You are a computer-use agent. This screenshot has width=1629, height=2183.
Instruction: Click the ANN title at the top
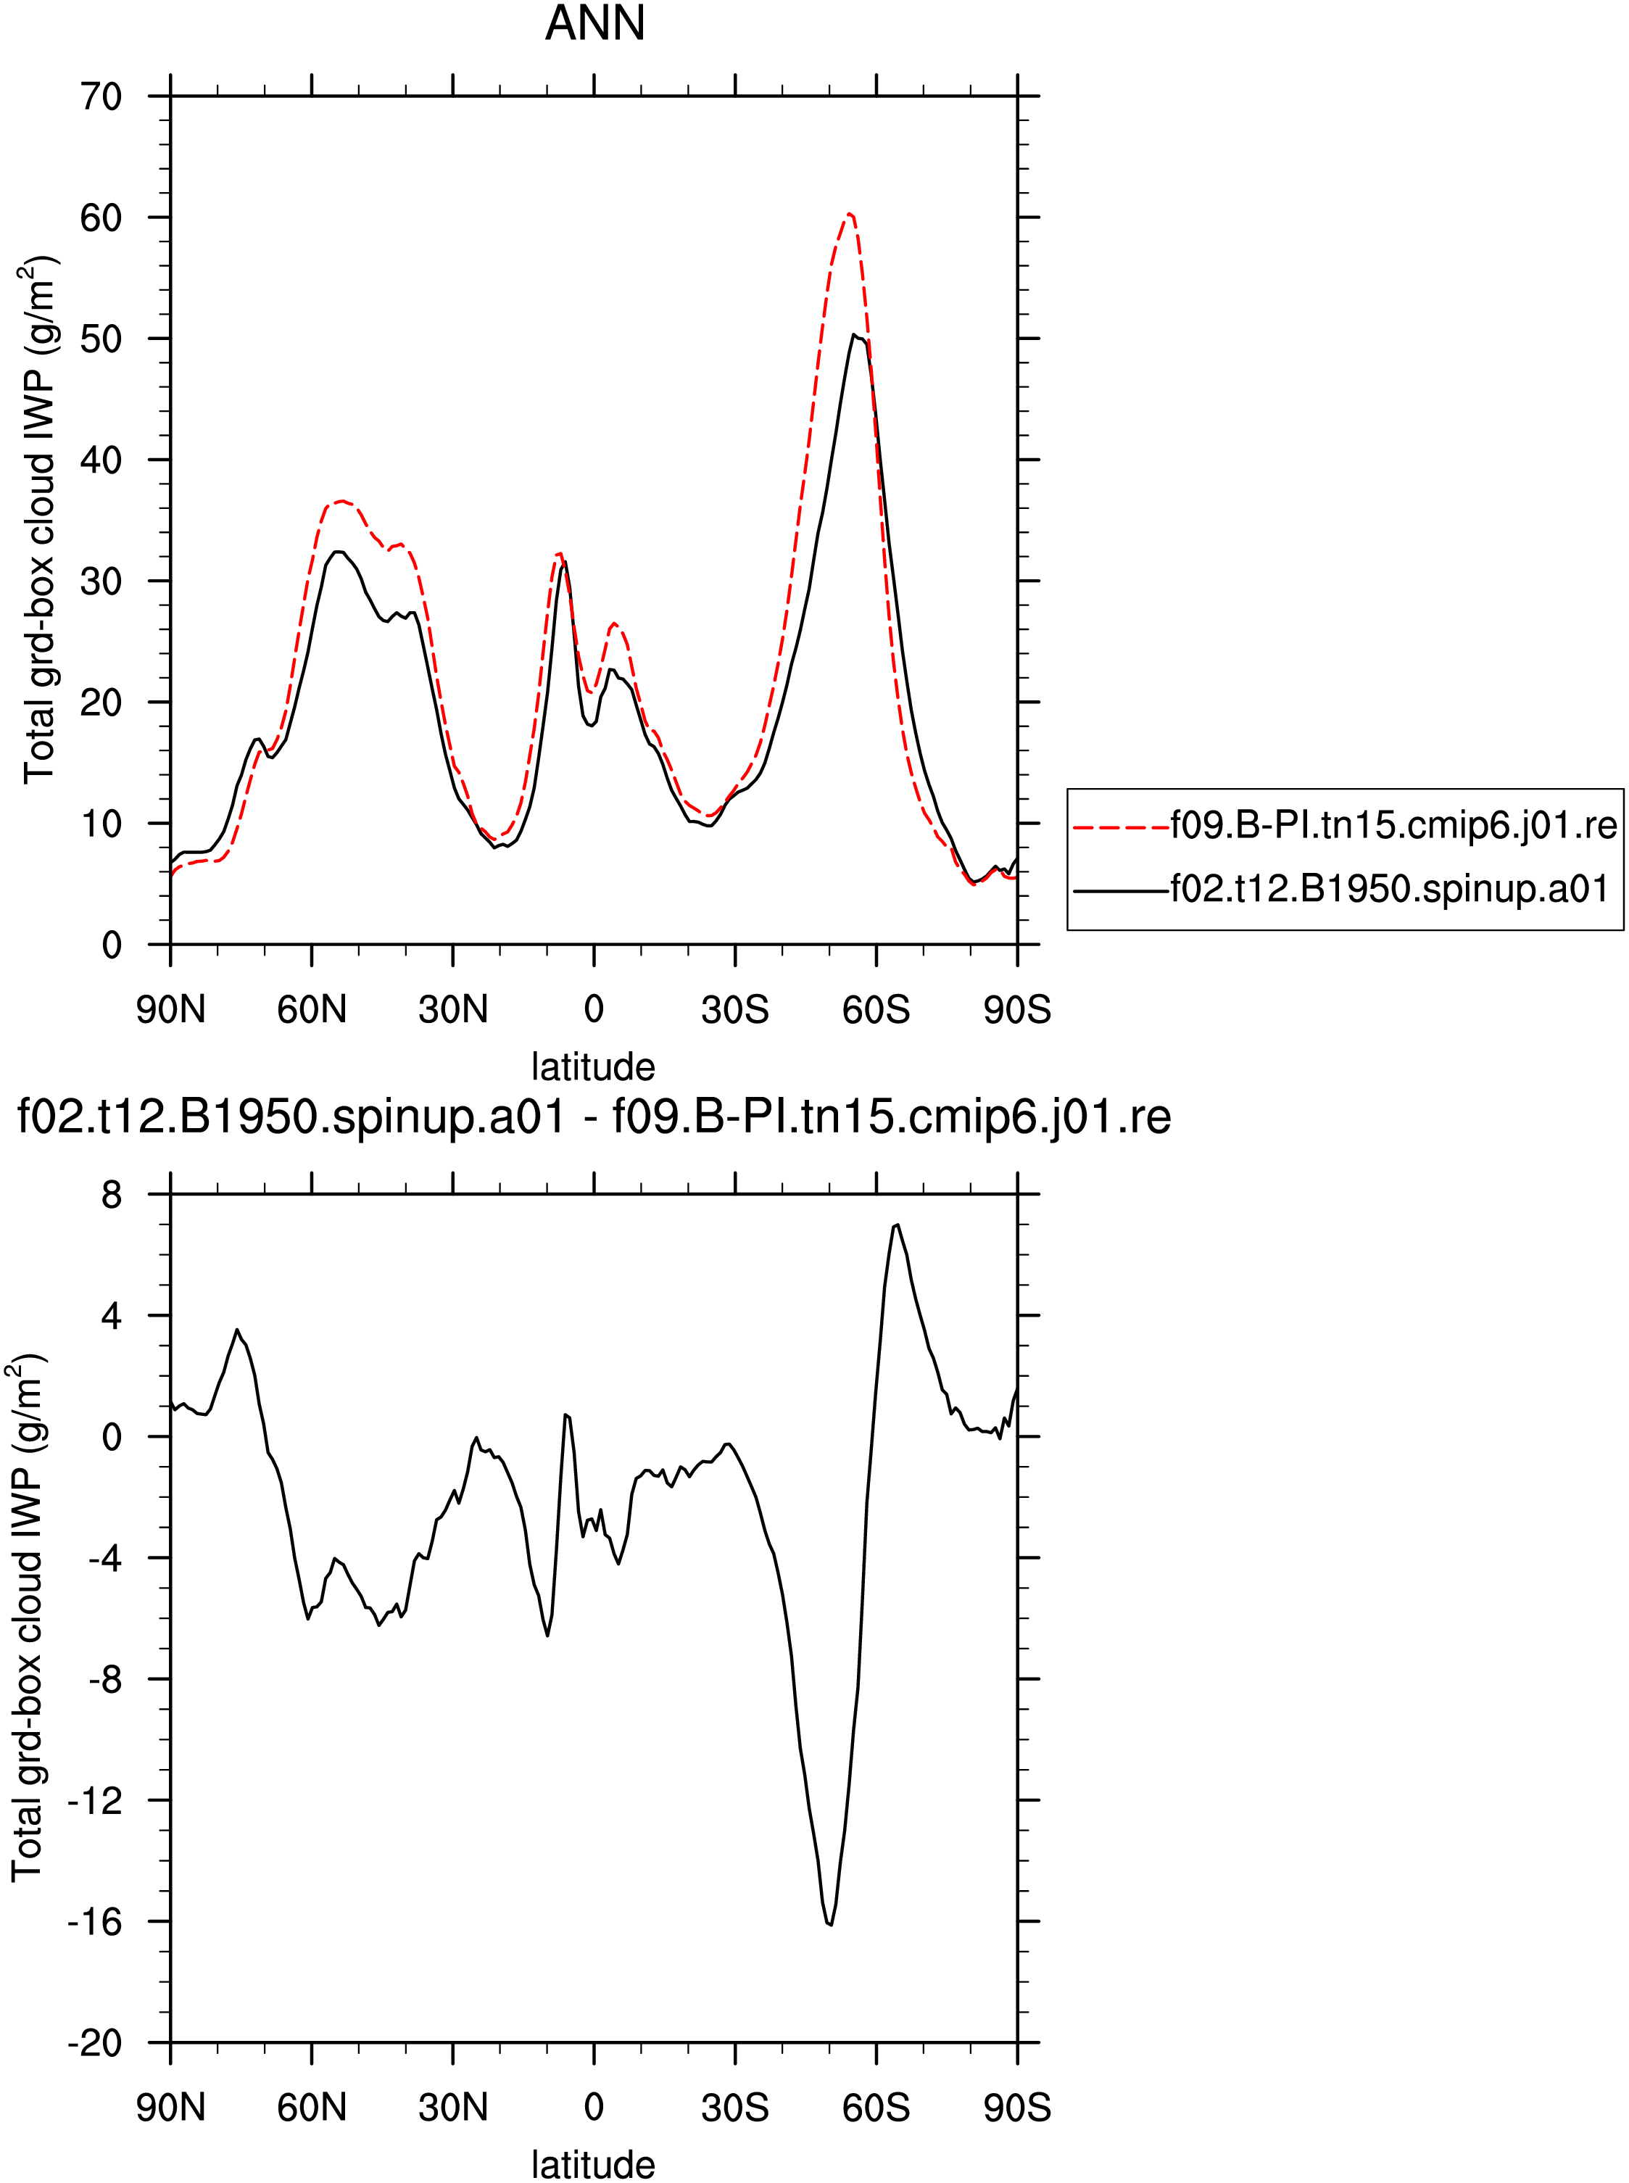[x=594, y=24]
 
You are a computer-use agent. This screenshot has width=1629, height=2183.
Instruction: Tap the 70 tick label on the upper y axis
[x=101, y=96]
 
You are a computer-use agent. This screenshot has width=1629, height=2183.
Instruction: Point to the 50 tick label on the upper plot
[x=101, y=338]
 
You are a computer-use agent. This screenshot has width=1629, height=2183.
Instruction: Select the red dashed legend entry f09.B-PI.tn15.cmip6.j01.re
[x=1345, y=824]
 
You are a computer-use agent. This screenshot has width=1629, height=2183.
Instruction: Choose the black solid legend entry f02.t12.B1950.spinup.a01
[x=1341, y=890]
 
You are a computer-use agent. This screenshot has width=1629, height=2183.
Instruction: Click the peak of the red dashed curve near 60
[x=849, y=213]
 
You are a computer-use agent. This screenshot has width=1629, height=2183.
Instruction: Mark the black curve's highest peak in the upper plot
[x=855, y=335]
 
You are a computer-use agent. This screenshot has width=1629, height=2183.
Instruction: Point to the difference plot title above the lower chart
[x=594, y=1117]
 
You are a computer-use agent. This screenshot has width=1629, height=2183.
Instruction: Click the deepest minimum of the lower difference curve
[x=832, y=1923]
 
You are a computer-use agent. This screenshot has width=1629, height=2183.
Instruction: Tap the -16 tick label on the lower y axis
[x=95, y=1921]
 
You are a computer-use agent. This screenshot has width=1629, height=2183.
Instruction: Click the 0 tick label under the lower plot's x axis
[x=594, y=2107]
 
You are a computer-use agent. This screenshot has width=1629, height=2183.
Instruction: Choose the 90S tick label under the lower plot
[x=1016, y=2107]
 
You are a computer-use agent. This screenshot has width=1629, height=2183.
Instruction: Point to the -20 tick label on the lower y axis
[x=95, y=2042]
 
